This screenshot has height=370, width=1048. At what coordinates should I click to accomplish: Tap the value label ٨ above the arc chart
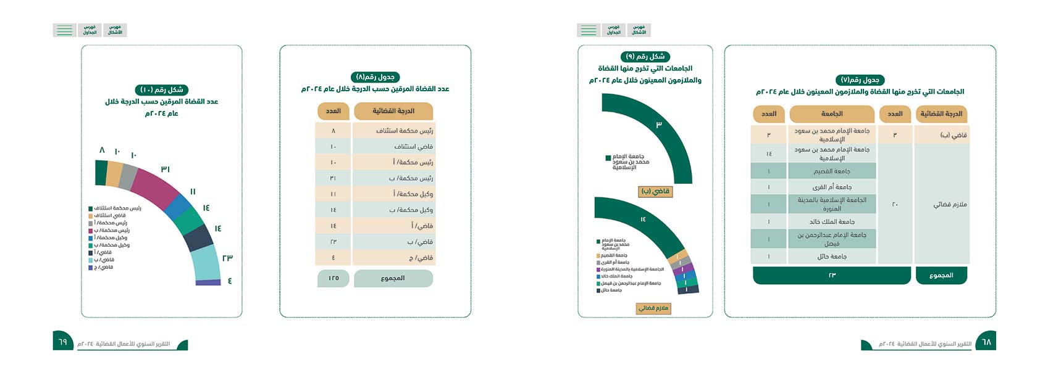(x=103, y=150)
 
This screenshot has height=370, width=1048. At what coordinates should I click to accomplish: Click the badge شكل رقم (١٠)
(x=162, y=90)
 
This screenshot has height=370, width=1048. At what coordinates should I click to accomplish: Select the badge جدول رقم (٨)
(x=375, y=77)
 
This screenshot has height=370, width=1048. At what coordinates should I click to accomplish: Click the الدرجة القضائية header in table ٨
(x=393, y=112)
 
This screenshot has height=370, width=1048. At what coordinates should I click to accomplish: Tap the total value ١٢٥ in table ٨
(x=333, y=279)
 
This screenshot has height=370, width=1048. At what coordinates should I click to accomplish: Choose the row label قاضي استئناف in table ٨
(x=413, y=147)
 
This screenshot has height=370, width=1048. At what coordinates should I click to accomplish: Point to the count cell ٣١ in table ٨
(x=333, y=178)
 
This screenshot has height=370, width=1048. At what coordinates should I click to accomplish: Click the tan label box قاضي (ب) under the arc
(x=655, y=192)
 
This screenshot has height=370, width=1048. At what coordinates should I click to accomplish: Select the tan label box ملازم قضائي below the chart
(x=653, y=308)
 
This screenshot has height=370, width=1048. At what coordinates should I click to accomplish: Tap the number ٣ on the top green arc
(x=659, y=125)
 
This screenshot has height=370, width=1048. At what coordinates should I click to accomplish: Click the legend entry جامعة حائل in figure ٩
(x=611, y=290)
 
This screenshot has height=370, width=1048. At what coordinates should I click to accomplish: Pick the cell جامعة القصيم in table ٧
(x=832, y=171)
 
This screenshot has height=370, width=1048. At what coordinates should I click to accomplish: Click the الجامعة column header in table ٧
(x=832, y=114)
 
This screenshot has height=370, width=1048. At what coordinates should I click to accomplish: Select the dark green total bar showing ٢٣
(x=832, y=276)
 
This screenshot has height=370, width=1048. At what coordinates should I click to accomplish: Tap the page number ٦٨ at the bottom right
(x=986, y=342)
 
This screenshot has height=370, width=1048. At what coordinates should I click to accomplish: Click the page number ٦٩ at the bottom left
(x=62, y=342)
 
